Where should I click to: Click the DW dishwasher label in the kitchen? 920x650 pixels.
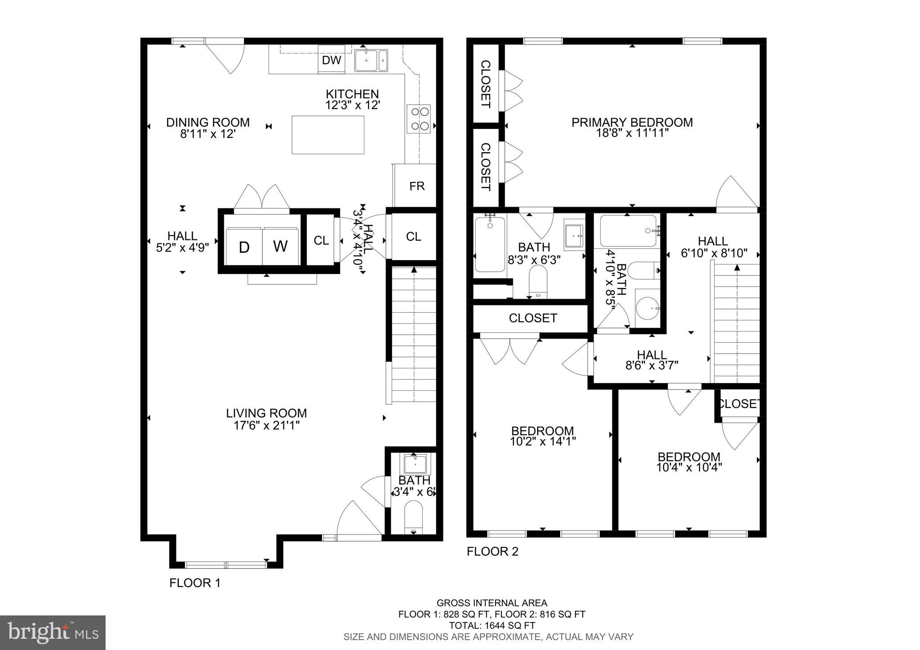tap(332, 60)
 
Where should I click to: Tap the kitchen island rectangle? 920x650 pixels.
tap(328, 135)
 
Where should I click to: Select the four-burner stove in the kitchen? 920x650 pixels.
tap(419, 119)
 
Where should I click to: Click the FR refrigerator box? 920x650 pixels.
tap(416, 186)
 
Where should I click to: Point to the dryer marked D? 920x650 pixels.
tap(244, 247)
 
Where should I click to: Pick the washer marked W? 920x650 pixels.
tap(280, 246)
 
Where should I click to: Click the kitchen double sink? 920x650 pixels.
tap(371, 61)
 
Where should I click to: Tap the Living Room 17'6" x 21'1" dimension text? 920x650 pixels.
tap(266, 425)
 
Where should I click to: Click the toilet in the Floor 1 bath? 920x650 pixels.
tap(413, 517)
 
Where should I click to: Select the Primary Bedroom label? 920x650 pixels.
tap(632, 122)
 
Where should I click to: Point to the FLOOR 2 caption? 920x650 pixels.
tap(492, 551)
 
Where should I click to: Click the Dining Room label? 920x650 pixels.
tap(208, 122)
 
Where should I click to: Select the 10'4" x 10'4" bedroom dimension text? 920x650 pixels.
tap(689, 467)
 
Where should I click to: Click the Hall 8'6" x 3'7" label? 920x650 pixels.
tap(651, 359)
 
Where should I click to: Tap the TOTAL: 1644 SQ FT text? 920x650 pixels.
tap(492, 625)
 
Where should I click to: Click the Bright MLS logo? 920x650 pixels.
tap(53, 632)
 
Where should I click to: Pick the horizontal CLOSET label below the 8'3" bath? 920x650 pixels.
tap(533, 318)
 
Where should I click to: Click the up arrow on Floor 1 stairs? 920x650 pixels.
tap(413, 270)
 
